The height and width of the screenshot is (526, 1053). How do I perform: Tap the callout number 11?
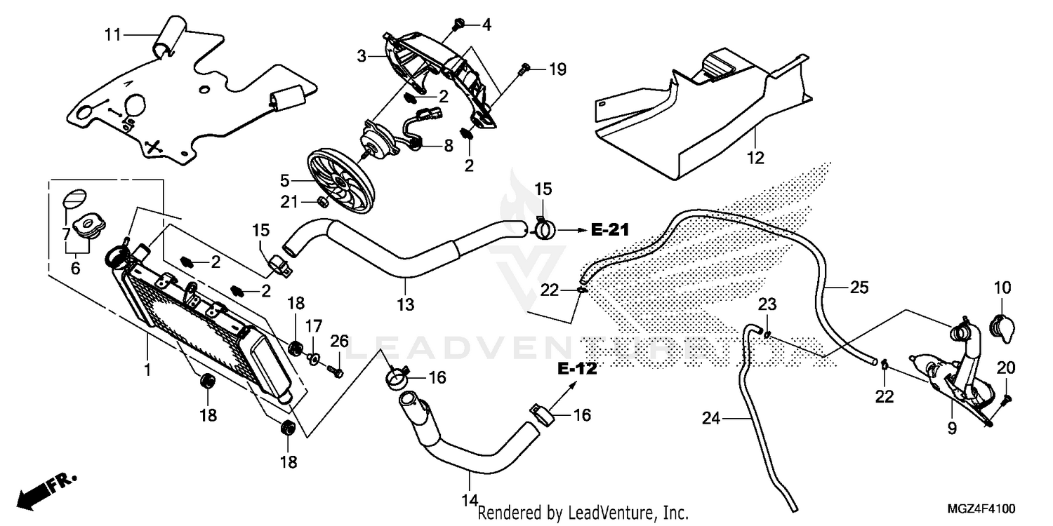coord(114,34)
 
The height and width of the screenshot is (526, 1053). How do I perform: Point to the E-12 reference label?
coord(577,369)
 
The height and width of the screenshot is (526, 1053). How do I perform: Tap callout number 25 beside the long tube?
coord(859,288)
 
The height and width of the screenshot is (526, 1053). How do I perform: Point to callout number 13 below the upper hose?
coord(405,305)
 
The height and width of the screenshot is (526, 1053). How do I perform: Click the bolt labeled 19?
coord(524,69)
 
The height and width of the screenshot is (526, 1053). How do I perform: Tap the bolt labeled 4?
coord(457,25)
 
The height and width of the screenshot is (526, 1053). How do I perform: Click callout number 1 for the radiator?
coord(147,367)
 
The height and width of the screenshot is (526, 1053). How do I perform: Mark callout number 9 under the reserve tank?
coord(952,427)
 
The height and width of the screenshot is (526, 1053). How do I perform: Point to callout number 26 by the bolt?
coord(340,342)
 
